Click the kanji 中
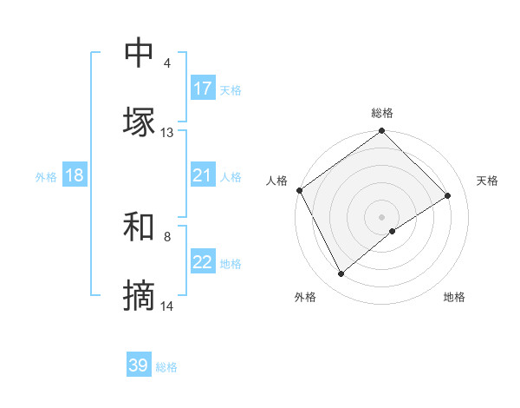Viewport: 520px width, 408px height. click(x=139, y=54)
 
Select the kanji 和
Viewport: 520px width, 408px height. click(x=139, y=227)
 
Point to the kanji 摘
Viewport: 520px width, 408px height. click(x=139, y=297)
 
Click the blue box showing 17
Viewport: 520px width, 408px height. click(x=203, y=89)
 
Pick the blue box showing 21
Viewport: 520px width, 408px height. click(x=202, y=176)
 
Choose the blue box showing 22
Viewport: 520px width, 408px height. click(x=203, y=263)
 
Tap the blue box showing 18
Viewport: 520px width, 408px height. click(x=75, y=176)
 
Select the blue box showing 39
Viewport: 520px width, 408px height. click(x=139, y=365)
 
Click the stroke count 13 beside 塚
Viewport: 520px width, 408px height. click(x=167, y=133)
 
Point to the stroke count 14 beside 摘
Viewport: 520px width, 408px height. click(x=167, y=306)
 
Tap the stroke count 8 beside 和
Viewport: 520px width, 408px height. click(x=166, y=235)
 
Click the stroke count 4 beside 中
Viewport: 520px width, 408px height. click(x=166, y=63)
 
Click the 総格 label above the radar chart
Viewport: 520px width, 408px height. click(x=382, y=113)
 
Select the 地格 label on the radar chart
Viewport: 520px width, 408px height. click(x=454, y=297)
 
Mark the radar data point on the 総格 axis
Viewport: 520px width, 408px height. click(x=381, y=132)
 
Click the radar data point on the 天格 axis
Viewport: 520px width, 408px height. click(x=448, y=195)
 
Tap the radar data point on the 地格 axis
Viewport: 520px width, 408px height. click(x=393, y=231)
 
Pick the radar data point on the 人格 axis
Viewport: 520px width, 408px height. click(x=299, y=190)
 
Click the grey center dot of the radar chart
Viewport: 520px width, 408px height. click(x=381, y=216)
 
